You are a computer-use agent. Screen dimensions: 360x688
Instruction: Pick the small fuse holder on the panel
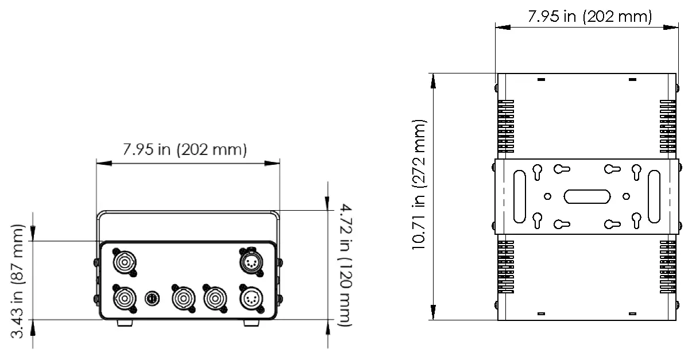click(152, 299)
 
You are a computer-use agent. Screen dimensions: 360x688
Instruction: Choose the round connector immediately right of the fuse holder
click(182, 298)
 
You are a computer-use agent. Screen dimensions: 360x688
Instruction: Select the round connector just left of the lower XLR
click(215, 298)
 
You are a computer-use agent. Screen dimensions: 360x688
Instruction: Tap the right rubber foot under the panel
click(252, 323)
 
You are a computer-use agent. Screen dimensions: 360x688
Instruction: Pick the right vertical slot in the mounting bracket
click(654, 196)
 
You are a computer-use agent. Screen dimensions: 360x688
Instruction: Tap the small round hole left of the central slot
click(548, 196)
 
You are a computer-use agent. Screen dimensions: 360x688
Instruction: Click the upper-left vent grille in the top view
click(505, 127)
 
